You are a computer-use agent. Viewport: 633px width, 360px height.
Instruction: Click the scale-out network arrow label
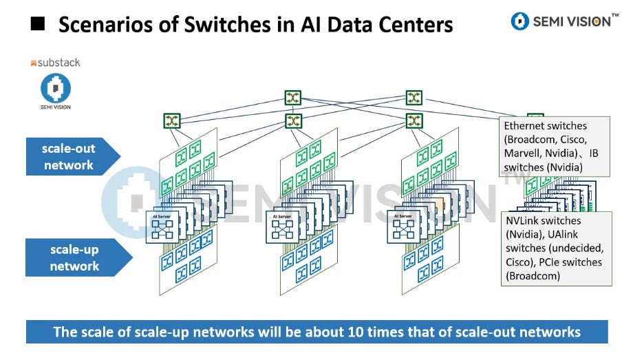tap(68, 156)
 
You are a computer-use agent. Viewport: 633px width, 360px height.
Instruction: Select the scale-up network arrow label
tap(74, 257)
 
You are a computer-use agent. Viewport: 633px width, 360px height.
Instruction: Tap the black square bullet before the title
tap(39, 25)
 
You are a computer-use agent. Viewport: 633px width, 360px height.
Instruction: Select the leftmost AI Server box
tap(164, 226)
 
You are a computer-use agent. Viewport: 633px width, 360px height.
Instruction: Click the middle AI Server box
tap(283, 226)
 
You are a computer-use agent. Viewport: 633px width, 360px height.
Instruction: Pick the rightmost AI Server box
tap(404, 226)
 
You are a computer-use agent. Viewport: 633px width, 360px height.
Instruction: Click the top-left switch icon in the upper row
tap(294, 98)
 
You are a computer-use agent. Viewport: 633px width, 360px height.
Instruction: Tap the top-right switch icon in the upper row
tap(414, 98)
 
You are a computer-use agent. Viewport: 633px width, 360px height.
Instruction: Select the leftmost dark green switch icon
tap(172, 121)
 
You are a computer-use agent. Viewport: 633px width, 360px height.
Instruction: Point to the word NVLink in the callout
tap(526, 221)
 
